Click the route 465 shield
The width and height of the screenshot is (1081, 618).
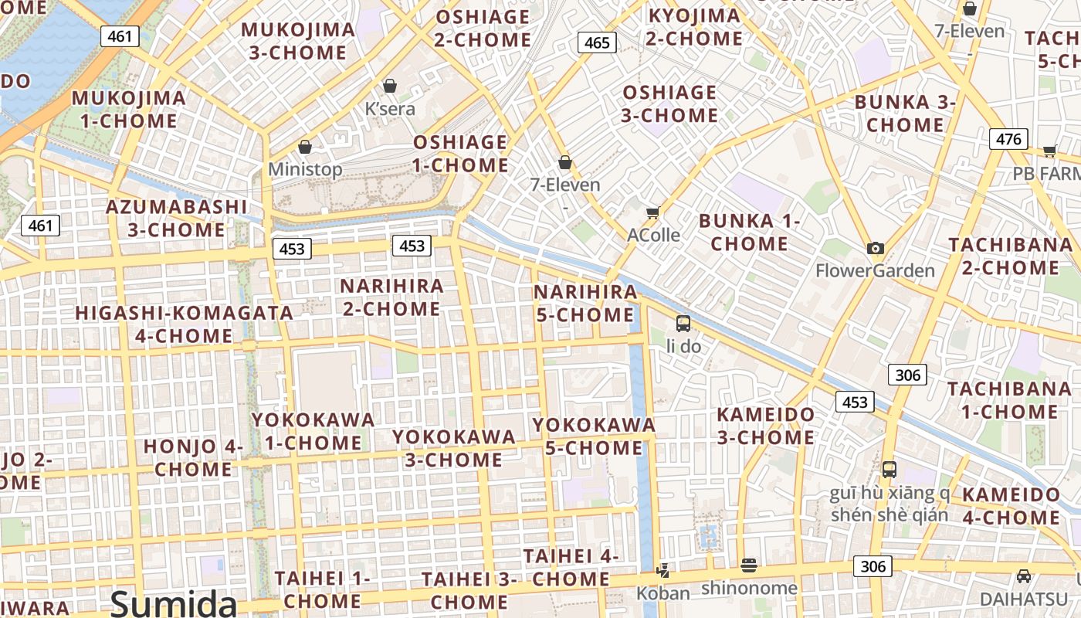pyautogui.click(x=597, y=42)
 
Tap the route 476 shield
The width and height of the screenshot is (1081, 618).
pyautogui.click(x=1008, y=139)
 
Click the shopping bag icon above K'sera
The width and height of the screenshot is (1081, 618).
pyautogui.click(x=390, y=85)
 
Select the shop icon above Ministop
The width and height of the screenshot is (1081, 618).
pyautogui.click(x=305, y=146)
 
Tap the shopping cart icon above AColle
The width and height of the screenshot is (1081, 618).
pyautogui.click(x=653, y=212)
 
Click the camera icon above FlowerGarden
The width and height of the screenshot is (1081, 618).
pyautogui.click(x=875, y=248)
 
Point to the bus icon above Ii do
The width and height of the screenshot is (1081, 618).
pyautogui.click(x=683, y=323)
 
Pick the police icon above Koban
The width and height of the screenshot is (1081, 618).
pyautogui.click(x=662, y=570)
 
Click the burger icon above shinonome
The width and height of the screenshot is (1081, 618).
pyautogui.click(x=748, y=565)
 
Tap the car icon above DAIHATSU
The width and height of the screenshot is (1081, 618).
pyautogui.click(x=1023, y=576)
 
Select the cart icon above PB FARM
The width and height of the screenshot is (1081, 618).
pyautogui.click(x=1049, y=151)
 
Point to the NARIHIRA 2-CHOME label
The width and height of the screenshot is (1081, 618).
pyautogui.click(x=391, y=297)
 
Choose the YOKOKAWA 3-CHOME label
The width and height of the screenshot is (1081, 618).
pyautogui.click(x=453, y=448)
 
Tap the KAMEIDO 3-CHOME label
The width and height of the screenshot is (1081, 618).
pyautogui.click(x=765, y=426)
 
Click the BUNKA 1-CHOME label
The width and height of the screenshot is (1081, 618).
pyautogui.click(x=749, y=233)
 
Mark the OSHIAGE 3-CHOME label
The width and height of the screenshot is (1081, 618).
pyautogui.click(x=669, y=104)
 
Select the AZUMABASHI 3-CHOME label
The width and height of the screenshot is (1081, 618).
pyautogui.click(x=177, y=219)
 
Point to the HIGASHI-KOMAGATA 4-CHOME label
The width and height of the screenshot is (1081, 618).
pyautogui.click(x=184, y=324)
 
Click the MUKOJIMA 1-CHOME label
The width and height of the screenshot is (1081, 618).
pyautogui.click(x=129, y=110)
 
